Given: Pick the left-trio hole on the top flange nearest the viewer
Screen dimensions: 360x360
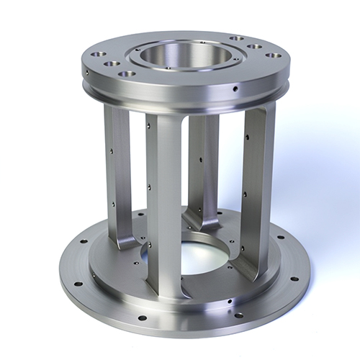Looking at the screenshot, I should coord(127,73).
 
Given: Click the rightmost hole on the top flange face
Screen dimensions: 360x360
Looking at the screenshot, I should coord(271,55).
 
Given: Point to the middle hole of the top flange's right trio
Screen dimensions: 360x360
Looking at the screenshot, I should coord(255,47).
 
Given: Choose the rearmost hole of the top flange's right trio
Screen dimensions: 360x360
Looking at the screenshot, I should coord(236,39).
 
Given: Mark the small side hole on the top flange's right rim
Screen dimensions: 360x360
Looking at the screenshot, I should coord(235,89).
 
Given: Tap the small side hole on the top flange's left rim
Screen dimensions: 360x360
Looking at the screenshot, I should coord(87,72).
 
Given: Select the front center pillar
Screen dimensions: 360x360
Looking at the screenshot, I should coord(163,202).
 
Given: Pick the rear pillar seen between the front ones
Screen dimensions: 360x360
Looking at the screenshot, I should coord(204,166).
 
